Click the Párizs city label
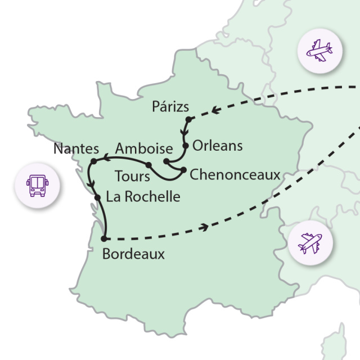point(170,107)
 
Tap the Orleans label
point(217,146)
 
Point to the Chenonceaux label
point(235,175)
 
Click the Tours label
point(132,176)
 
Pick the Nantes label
point(76,149)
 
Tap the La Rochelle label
point(142,197)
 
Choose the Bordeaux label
point(134,254)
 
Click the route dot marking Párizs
point(189,119)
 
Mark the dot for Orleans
point(184,145)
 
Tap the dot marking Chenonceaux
point(183,169)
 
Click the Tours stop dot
point(148,165)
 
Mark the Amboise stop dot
point(166,161)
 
